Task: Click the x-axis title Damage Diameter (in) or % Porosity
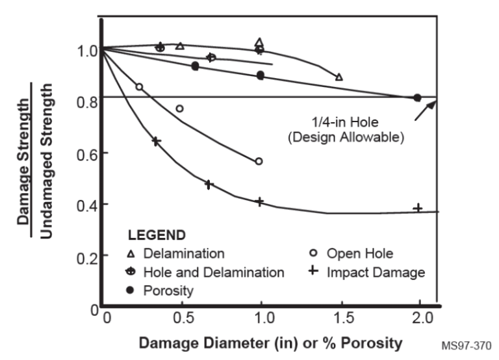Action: [270, 342]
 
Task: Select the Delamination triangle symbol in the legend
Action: [131, 253]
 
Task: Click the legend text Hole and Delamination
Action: [214, 272]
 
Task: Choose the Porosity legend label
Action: [169, 290]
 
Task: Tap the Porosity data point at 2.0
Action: [418, 98]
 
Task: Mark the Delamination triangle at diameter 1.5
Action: [339, 77]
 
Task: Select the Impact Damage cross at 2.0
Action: [418, 208]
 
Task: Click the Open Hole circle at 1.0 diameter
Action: [259, 161]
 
